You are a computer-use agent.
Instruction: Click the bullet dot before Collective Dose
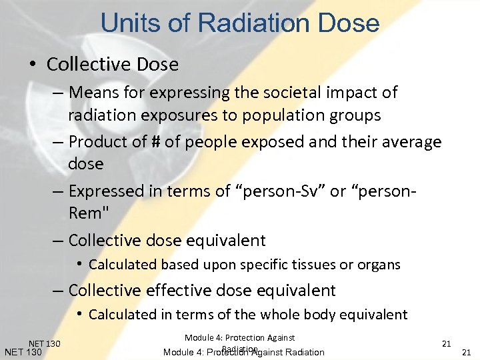[33, 65]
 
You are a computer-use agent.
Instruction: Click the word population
[277, 115]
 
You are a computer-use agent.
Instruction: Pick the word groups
[353, 115]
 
